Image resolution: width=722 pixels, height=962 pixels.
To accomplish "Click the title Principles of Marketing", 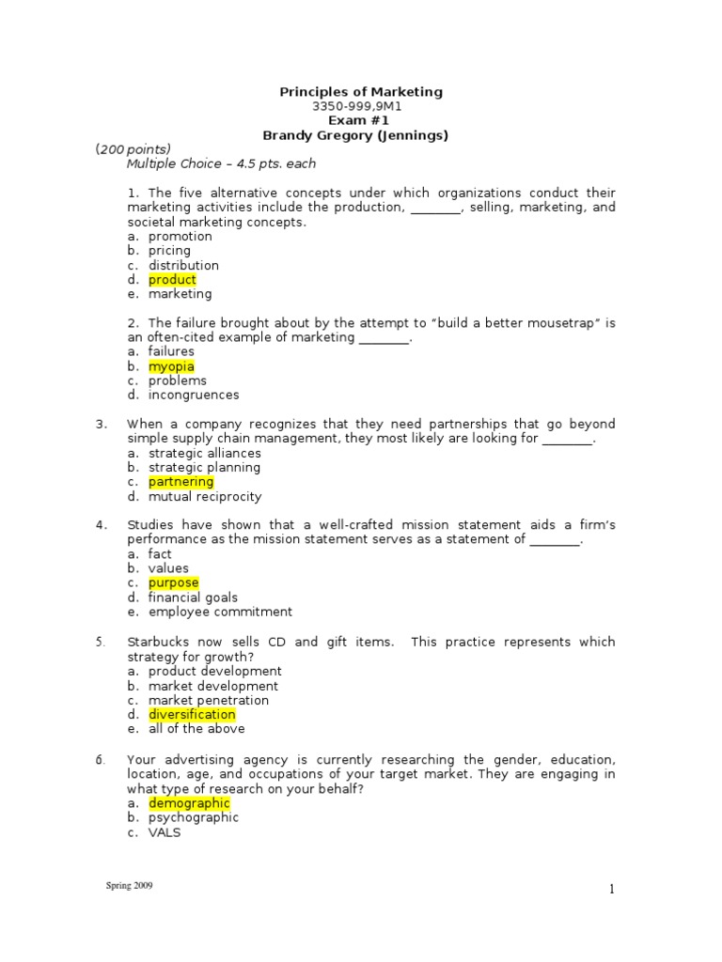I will click(x=361, y=91).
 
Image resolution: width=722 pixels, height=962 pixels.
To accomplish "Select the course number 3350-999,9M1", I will click(x=361, y=106).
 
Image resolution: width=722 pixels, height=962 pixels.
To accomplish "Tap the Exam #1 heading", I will click(x=361, y=120).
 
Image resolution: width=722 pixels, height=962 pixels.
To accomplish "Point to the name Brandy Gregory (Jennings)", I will click(x=361, y=135).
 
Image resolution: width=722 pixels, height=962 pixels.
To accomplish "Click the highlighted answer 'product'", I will click(x=172, y=279).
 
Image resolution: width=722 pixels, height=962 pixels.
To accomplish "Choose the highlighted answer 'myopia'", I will click(x=171, y=366).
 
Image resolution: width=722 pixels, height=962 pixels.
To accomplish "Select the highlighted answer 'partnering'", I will click(x=181, y=482).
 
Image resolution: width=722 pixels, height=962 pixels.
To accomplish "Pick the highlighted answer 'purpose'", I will click(x=174, y=582).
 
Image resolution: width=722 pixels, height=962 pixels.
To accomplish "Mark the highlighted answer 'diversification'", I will click(x=192, y=714).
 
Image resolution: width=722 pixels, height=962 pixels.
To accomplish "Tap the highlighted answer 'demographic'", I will click(x=189, y=803).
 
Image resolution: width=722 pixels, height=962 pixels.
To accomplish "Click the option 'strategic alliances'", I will click(x=204, y=453).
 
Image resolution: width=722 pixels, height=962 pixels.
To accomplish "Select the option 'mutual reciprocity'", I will click(x=204, y=496).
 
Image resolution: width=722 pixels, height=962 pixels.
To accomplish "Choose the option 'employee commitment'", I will click(x=220, y=612).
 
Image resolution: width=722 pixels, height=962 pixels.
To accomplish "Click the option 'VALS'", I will click(x=165, y=832).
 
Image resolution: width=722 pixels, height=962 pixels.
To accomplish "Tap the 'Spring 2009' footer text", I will click(x=129, y=886).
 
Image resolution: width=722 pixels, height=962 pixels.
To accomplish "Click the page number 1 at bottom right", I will click(x=611, y=891).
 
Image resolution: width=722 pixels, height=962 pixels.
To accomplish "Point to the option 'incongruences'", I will click(x=194, y=395).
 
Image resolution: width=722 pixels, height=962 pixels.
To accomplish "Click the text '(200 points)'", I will click(x=133, y=149).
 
